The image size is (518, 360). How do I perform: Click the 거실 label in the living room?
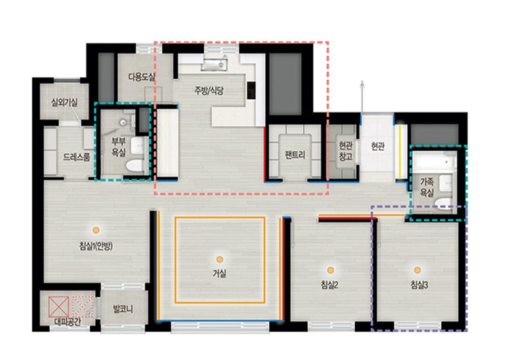click(220, 273)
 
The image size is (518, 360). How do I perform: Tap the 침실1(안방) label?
click(96, 246)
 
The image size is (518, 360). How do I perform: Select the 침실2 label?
click(330, 285)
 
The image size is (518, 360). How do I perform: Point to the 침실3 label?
click(419, 285)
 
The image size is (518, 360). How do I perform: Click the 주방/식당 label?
click(209, 91)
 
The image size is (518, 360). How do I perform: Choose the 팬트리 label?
click(294, 154)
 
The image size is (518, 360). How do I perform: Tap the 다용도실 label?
click(141, 77)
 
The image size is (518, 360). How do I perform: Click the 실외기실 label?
click(65, 103)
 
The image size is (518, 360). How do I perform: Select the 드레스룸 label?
click(76, 157)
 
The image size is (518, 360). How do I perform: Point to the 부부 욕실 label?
click(118, 147)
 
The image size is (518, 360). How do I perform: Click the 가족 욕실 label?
click(427, 187)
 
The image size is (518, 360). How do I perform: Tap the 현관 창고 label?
click(345, 151)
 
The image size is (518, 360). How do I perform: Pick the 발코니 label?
click(123, 309)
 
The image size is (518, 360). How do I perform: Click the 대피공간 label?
click(67, 322)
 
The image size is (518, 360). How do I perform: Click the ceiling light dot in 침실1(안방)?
click(96, 230)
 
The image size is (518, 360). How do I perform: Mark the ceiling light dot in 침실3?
click(417, 270)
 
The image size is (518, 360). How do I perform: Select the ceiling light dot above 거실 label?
click(220, 259)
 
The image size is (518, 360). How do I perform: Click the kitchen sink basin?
click(213, 65)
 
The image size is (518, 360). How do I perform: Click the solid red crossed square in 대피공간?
click(59, 306)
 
